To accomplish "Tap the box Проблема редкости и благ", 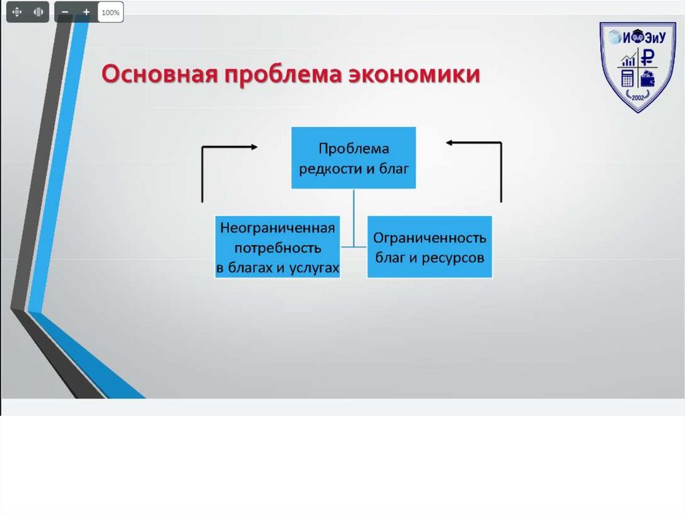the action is pos(353,158).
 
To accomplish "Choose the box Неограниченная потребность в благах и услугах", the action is pos(278,247).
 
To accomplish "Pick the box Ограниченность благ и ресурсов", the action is pos(429,247).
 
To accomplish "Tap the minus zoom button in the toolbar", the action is pos(65,12).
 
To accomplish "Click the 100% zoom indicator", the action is pos(111,12).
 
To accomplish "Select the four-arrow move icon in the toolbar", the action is pos(17,12).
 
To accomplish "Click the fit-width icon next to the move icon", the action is pos(39,12).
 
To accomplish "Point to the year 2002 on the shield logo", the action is pos(637,98).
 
